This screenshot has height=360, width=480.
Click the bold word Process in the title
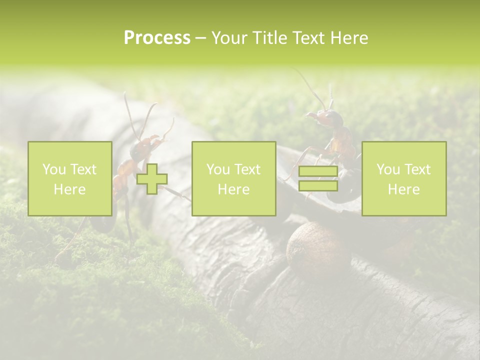pos(157,38)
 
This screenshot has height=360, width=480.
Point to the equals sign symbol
pos(318,178)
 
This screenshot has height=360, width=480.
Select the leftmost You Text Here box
pos(70,178)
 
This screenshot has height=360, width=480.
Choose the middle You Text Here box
pos(233,178)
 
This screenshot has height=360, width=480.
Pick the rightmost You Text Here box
pos(404,178)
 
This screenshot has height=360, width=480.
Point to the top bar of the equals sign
pos(318,171)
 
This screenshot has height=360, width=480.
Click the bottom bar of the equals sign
pos(318,185)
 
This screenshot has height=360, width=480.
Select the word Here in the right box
pos(403,189)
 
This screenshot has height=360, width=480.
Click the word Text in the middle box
pos(248,169)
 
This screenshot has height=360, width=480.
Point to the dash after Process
pos(200,38)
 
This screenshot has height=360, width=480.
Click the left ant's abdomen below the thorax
pos(120,182)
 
